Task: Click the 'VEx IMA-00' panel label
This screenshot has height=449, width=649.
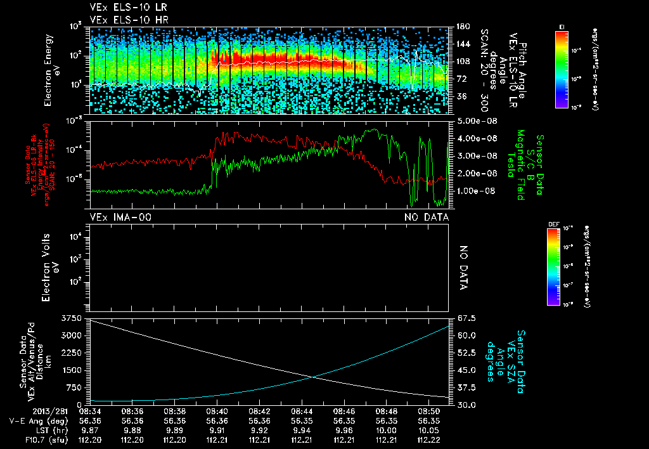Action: pyautogui.click(x=121, y=218)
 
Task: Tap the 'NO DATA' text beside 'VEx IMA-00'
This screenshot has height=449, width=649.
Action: pyautogui.click(x=427, y=218)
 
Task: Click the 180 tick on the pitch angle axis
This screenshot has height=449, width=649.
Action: pyautogui.click(x=461, y=27)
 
